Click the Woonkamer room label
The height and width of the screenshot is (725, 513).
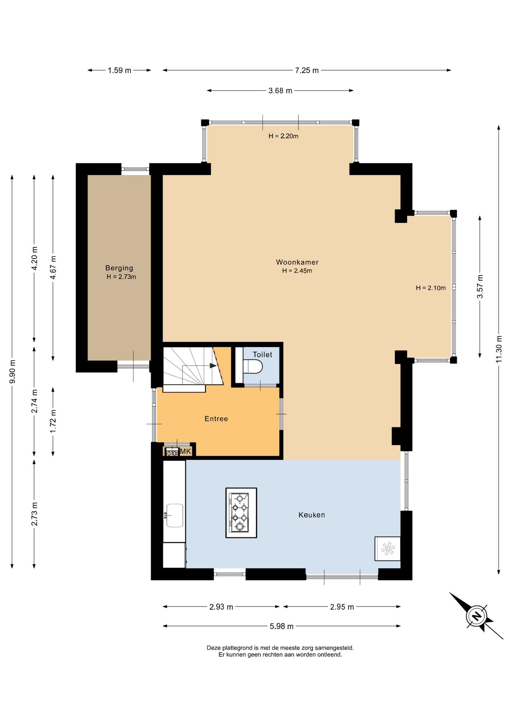tap(297, 262)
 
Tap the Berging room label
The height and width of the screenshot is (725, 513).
tap(119, 268)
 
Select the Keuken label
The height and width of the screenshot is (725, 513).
tap(312, 515)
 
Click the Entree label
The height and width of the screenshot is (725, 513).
tap(216, 418)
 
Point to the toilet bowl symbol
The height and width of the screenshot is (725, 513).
tap(253, 366)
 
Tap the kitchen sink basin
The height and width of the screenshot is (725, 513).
tap(175, 515)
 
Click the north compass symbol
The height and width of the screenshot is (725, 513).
tap(477, 616)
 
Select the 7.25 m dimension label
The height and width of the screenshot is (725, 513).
tap(307, 70)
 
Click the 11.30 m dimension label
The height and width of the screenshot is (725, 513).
tap(499, 349)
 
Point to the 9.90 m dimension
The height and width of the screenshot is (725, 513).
tap(12, 372)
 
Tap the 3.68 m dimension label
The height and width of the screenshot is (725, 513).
tap(280, 91)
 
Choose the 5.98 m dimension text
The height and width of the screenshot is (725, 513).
tap(281, 626)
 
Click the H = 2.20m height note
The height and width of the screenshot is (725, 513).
tap(283, 136)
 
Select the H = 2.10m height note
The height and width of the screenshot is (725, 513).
tap(431, 288)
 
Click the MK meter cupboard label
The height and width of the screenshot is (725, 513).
tap(185, 451)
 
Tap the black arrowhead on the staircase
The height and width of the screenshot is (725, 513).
tap(213, 366)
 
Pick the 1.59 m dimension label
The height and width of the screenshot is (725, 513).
tap(119, 70)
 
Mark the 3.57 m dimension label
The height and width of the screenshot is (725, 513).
tap(480, 286)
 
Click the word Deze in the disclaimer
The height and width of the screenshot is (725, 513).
tap(214, 648)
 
